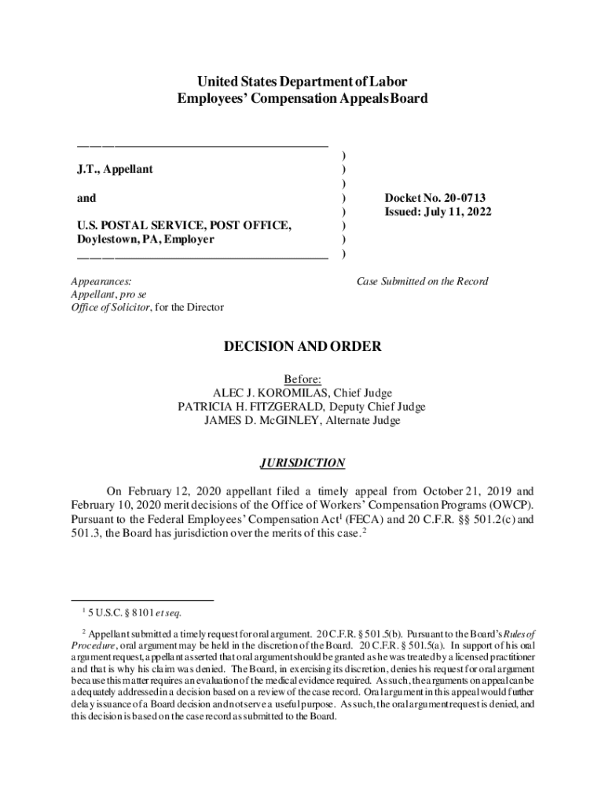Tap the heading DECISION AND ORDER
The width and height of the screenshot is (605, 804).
click(x=302, y=346)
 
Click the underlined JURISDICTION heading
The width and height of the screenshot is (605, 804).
click(x=302, y=463)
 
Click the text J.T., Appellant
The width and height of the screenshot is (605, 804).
click(x=115, y=170)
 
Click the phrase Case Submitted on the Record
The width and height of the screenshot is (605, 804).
click(x=423, y=281)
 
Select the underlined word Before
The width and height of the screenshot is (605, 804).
click(x=302, y=379)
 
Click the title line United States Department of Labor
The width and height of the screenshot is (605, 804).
click(x=302, y=82)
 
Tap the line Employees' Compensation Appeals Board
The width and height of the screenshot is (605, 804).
click(x=302, y=99)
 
